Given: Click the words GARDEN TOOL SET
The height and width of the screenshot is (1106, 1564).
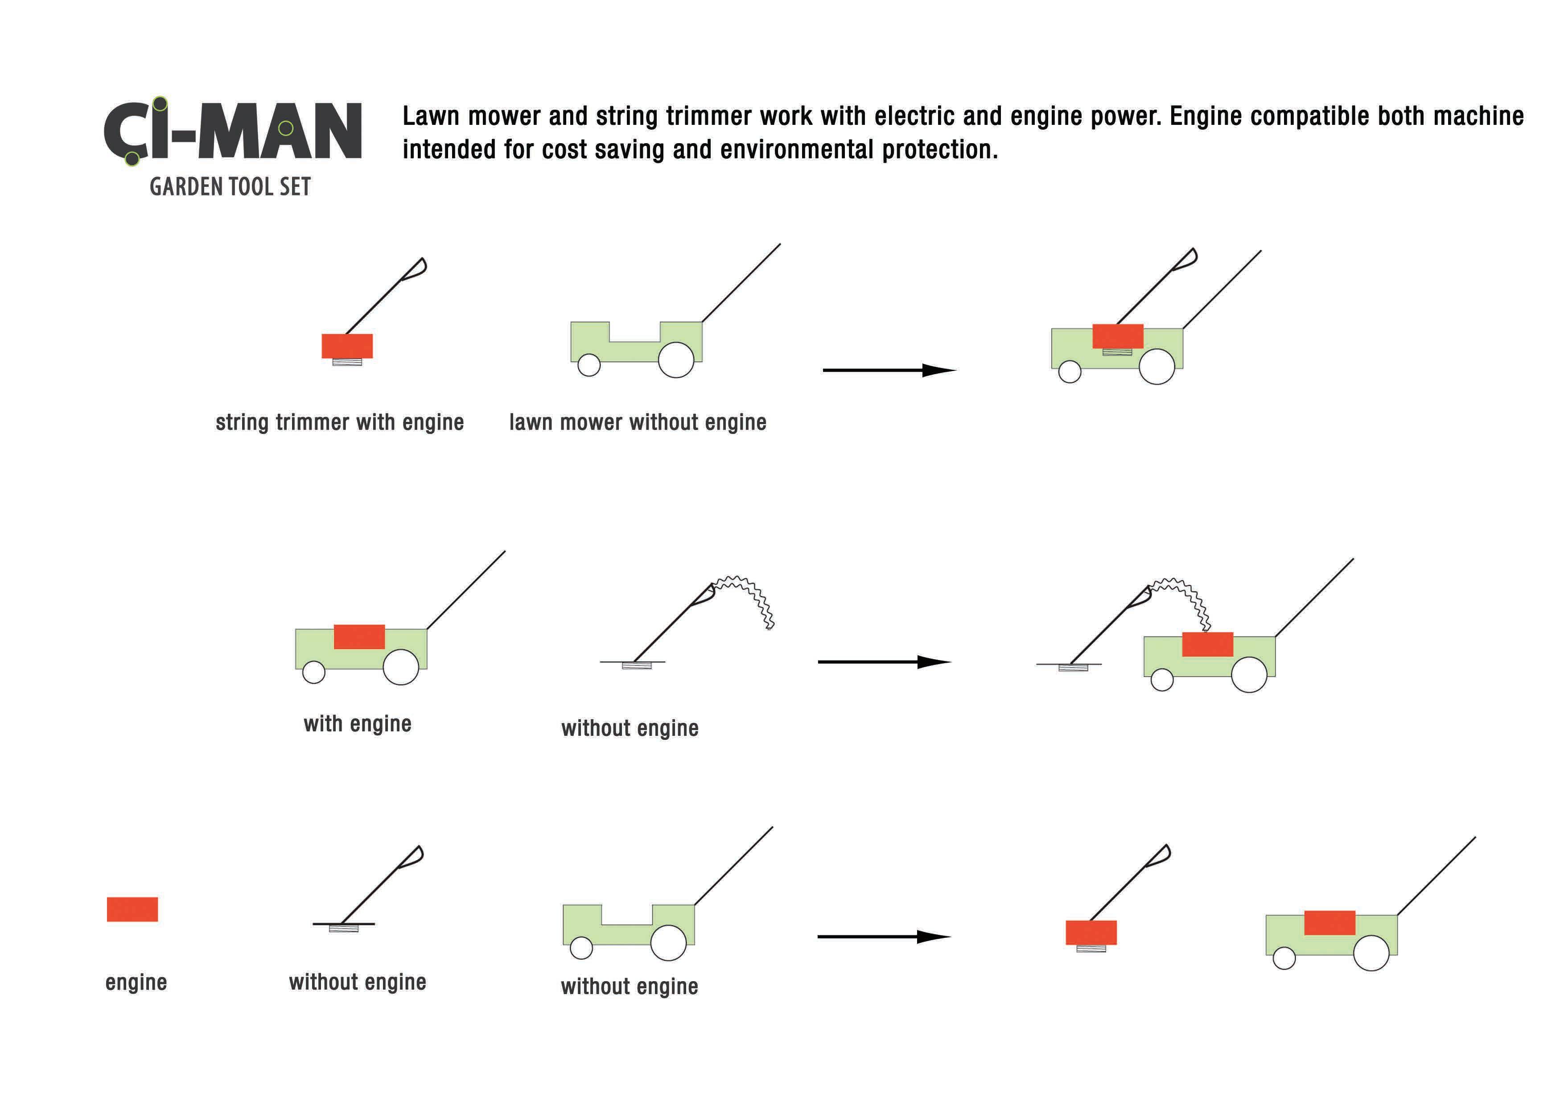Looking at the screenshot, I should click(230, 187).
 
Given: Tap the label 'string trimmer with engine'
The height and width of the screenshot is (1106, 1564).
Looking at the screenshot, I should click(340, 422).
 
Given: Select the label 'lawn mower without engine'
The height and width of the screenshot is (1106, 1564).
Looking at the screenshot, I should click(638, 422).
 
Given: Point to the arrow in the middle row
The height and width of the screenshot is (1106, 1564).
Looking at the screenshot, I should click(884, 662).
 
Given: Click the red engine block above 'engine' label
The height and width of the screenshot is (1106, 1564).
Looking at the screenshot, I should click(132, 909).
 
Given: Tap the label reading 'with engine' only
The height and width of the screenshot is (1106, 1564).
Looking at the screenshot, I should click(358, 724).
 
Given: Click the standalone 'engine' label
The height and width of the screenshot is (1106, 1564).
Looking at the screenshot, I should click(136, 982).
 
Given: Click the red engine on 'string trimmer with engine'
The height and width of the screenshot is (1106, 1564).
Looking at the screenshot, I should click(347, 346).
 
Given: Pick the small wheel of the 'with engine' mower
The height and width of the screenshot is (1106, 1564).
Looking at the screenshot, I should click(313, 672).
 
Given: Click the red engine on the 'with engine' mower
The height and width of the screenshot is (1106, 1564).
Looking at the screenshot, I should click(359, 636).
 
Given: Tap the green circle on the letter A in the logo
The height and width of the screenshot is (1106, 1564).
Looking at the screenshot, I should click(286, 128).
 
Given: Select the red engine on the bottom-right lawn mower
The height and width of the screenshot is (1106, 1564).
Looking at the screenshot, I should click(1329, 923).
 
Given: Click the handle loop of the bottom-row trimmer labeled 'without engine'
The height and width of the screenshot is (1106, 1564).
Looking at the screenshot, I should click(414, 856).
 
